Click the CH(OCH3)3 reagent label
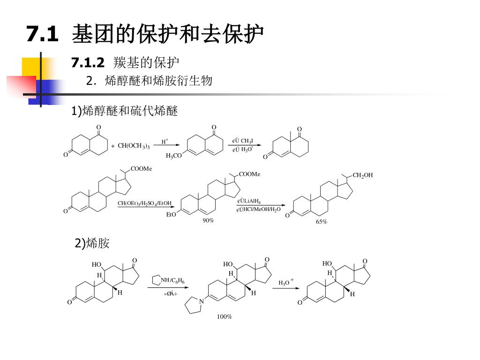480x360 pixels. pos(134,146)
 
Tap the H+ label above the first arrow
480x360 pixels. pos(165,141)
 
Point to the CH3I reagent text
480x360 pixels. pos(247,141)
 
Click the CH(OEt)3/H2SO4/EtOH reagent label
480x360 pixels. pos(144,203)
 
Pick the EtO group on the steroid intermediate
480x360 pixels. pos(171,215)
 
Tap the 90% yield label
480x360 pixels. pos(208,220)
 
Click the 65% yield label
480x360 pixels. pos(321,222)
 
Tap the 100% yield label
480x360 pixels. pos(224,317)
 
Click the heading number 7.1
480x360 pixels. pos(42,34)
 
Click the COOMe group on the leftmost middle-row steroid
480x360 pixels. pos(141,169)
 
